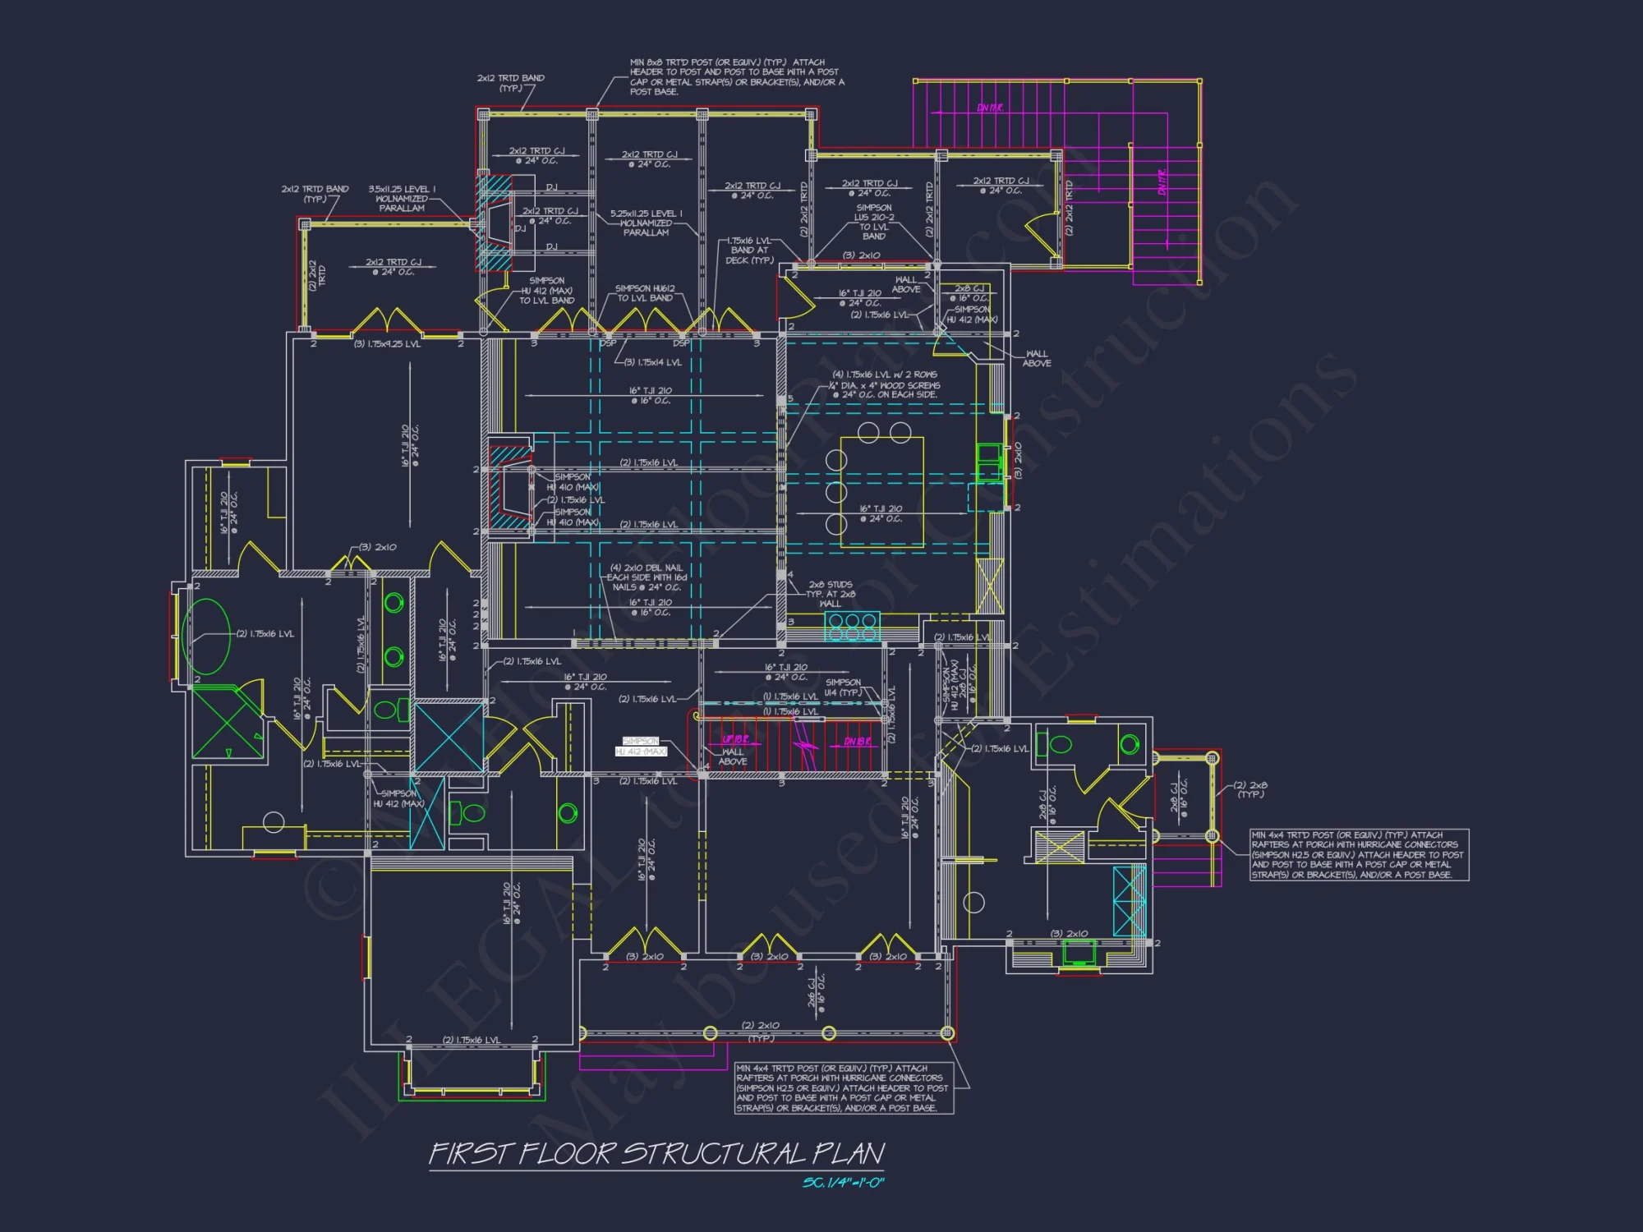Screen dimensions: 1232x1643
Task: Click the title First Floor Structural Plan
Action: pyautogui.click(x=657, y=1153)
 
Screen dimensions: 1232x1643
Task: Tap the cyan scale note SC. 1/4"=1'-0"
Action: pyautogui.click(x=843, y=1183)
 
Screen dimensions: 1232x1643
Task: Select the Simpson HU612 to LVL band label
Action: pyautogui.click(x=645, y=293)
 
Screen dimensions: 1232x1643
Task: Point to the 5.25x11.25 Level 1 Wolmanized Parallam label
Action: pyautogui.click(x=646, y=223)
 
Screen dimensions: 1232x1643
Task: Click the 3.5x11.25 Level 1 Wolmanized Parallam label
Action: pyautogui.click(x=402, y=199)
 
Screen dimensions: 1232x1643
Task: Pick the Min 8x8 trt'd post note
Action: pyautogui.click(x=736, y=76)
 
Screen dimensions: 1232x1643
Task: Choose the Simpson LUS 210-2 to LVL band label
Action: pyautogui.click(x=874, y=222)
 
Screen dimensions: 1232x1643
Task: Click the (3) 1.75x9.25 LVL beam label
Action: pyautogui.click(x=387, y=344)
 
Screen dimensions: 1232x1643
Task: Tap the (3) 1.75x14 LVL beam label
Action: pyautogui.click(x=653, y=362)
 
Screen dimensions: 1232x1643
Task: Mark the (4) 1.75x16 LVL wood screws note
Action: pyautogui.click(x=886, y=384)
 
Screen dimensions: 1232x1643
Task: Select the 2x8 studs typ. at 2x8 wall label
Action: pyautogui.click(x=830, y=594)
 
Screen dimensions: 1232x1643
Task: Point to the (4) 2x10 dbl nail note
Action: pyautogui.click(x=647, y=577)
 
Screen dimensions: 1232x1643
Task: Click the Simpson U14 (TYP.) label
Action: pyautogui.click(x=844, y=687)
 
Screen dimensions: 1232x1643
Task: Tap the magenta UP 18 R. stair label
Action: pyautogui.click(x=735, y=740)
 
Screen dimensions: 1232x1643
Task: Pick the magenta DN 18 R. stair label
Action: pyautogui.click(x=858, y=742)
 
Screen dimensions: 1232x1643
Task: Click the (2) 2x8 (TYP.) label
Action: pyautogui.click(x=1250, y=789)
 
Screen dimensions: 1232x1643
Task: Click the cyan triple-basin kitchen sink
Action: pyautogui.click(x=852, y=627)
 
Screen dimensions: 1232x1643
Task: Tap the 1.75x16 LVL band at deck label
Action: pyautogui.click(x=749, y=251)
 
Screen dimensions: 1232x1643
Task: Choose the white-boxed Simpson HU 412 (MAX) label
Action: pyautogui.click(x=641, y=747)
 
